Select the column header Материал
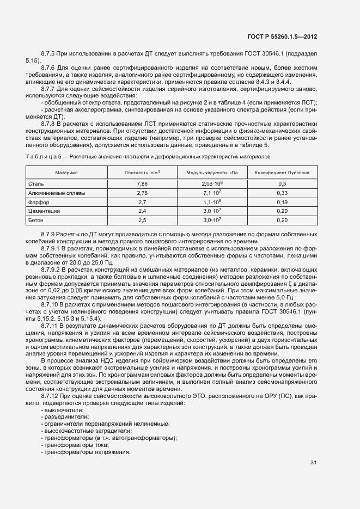click(66, 173)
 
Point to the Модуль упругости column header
click(212, 173)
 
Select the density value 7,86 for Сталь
click(143, 184)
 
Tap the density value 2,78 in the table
click(143, 193)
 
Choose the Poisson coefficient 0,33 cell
click(282, 193)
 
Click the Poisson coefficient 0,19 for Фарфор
click(282, 202)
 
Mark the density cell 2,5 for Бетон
click(143, 220)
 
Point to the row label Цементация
click(44, 211)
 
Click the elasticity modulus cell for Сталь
click(212, 184)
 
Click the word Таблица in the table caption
click(40, 157)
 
